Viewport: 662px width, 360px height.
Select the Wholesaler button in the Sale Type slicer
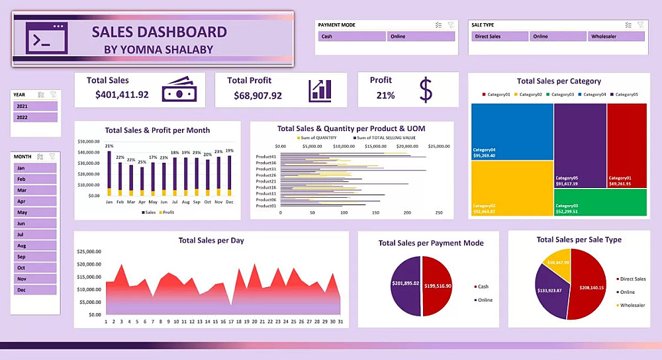tap(616, 36)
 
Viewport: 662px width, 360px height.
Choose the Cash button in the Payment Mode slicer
tap(350, 36)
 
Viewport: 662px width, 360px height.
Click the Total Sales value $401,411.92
tap(122, 95)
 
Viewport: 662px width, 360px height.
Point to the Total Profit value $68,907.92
tap(258, 95)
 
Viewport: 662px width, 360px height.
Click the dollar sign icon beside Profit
tap(426, 89)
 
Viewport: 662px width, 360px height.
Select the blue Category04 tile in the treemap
tap(512, 131)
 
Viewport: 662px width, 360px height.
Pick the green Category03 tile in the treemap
tap(599, 202)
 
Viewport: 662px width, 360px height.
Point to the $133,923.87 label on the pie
tap(549, 291)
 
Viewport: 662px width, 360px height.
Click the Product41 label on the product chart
tap(265, 156)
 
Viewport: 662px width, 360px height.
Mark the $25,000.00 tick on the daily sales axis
tap(89, 252)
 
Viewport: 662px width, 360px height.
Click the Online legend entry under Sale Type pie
tap(626, 292)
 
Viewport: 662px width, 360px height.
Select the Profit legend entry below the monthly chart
tap(167, 212)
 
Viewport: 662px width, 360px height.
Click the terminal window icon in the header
tap(46, 38)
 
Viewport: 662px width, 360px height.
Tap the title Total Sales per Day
tap(211, 240)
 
